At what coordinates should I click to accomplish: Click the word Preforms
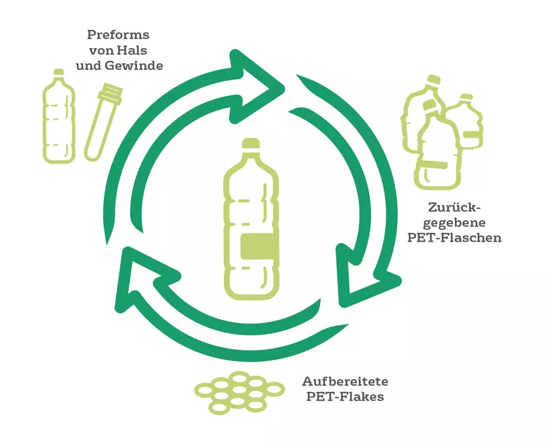click(x=118, y=35)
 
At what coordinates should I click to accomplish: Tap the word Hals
click(x=132, y=50)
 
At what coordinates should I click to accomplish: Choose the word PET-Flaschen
click(x=454, y=238)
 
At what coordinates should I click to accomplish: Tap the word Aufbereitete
click(x=345, y=381)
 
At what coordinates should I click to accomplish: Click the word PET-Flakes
click(x=345, y=397)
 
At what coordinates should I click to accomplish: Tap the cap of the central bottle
click(x=251, y=144)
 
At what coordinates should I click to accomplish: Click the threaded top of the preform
click(x=110, y=93)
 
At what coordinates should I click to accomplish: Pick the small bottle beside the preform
click(x=59, y=116)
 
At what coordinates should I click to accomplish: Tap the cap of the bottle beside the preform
click(x=59, y=72)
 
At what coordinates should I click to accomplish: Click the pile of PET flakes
click(x=240, y=393)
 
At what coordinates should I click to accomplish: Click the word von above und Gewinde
click(x=101, y=51)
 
